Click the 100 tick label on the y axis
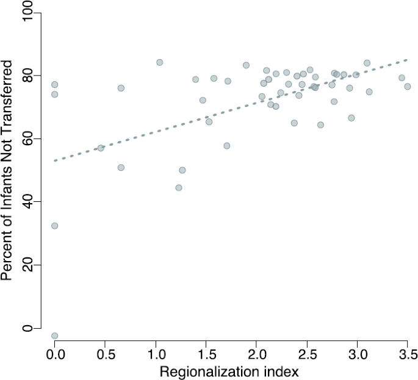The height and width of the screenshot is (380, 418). [x=27, y=13]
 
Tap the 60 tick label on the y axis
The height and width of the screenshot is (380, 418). [x=27, y=139]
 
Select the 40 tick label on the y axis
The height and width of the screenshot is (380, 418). [x=27, y=202]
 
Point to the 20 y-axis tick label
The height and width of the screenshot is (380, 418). [x=27, y=265]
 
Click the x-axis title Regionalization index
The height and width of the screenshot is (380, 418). [x=229, y=371]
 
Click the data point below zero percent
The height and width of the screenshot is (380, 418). [x=55, y=336]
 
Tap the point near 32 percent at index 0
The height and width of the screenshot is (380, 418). [x=55, y=226]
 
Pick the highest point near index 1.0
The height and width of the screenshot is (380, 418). [x=160, y=62]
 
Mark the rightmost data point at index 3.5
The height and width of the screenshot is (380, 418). [x=407, y=87]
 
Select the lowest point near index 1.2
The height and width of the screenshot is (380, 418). [x=179, y=188]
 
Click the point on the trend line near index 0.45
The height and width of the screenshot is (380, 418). [x=101, y=148]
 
